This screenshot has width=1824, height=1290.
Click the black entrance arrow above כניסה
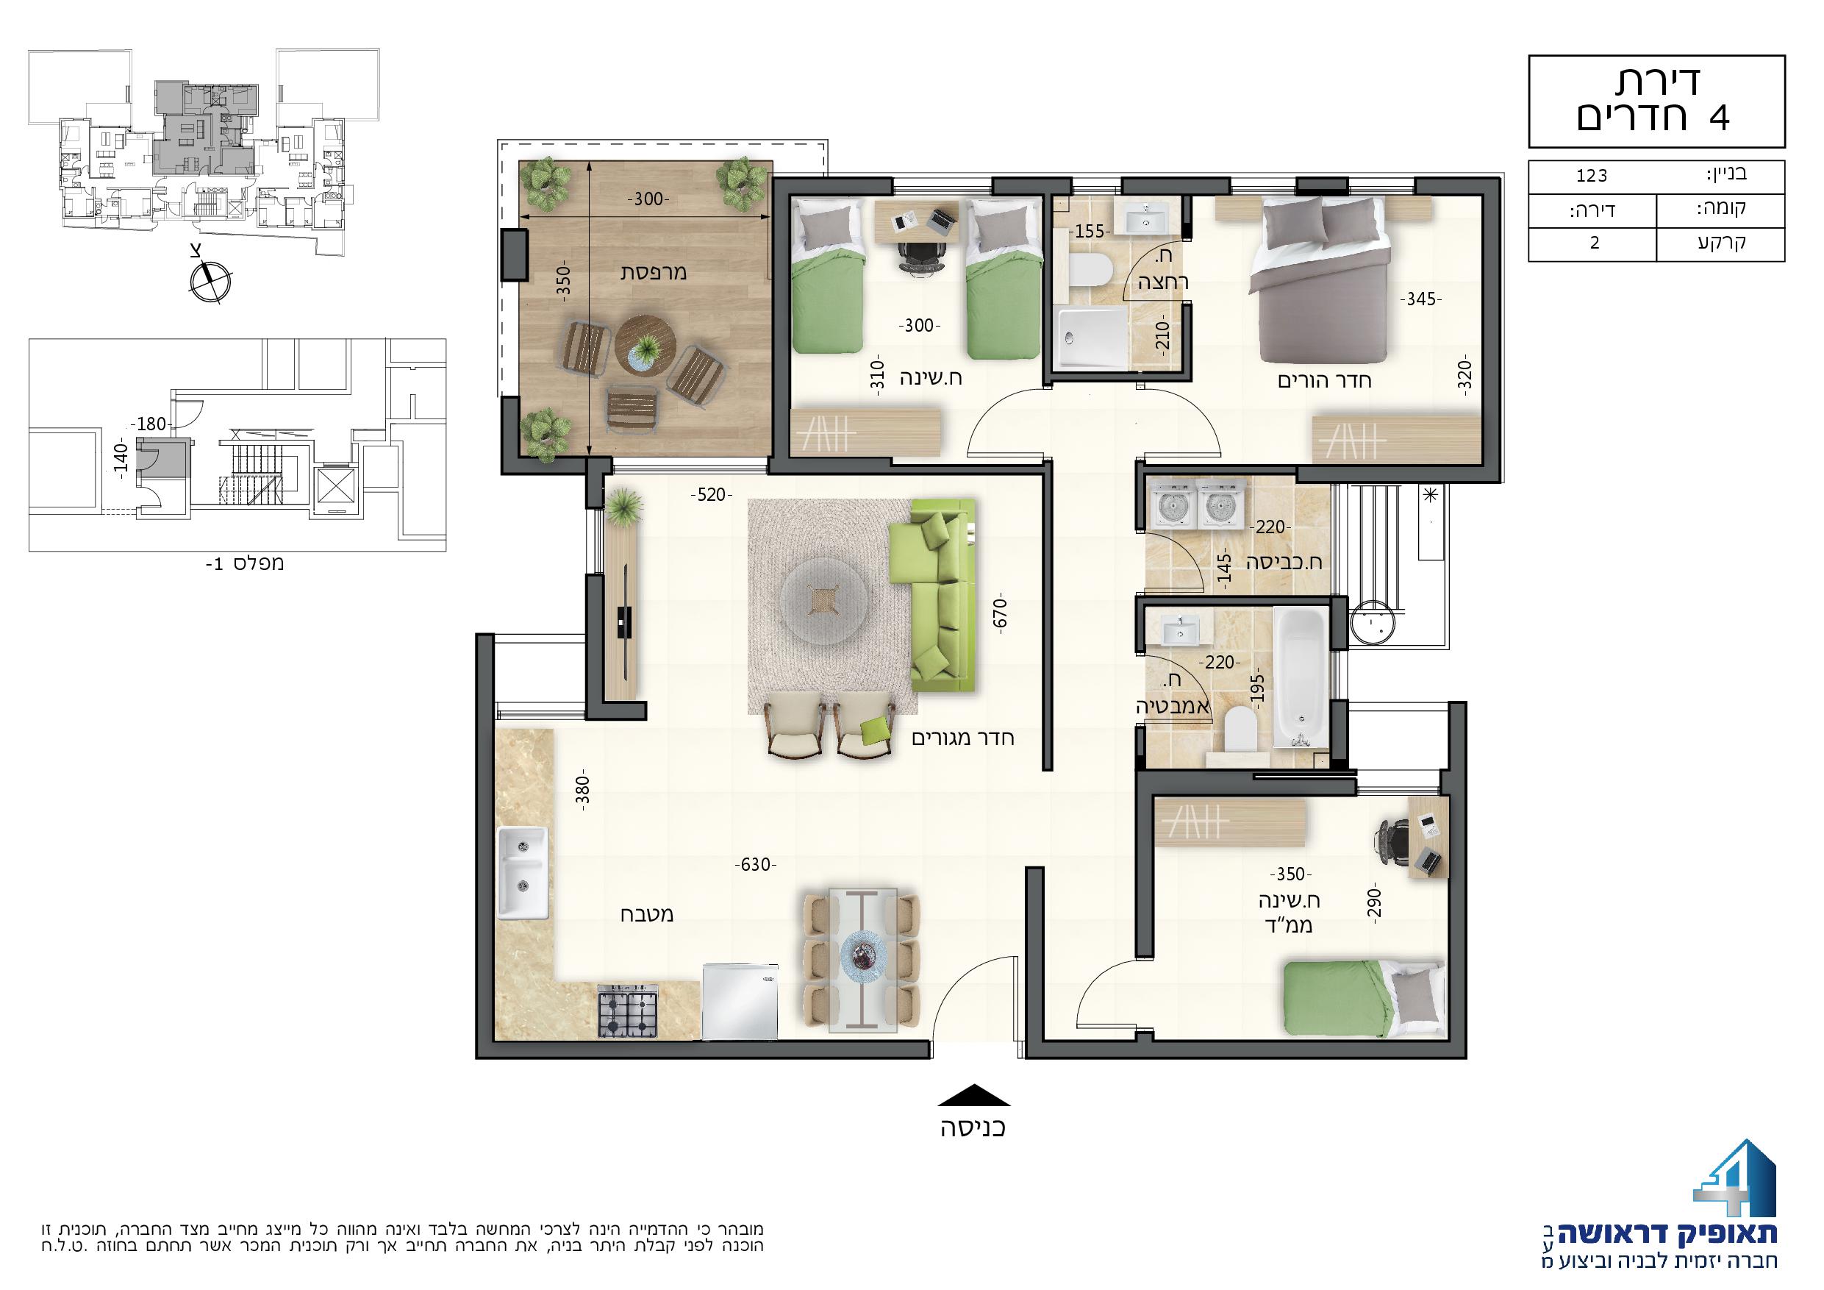974,1096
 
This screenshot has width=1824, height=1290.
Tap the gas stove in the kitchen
628,1012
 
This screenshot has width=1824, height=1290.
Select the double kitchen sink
523,872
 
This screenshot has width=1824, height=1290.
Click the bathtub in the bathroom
1301,677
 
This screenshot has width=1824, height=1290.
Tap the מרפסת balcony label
653,272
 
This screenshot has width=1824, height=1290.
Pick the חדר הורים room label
1324,380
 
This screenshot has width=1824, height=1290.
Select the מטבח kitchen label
647,914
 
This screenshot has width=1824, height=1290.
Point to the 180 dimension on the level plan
150,424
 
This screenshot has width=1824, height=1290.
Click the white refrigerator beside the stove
740,1002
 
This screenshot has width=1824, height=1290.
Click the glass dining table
863,961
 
